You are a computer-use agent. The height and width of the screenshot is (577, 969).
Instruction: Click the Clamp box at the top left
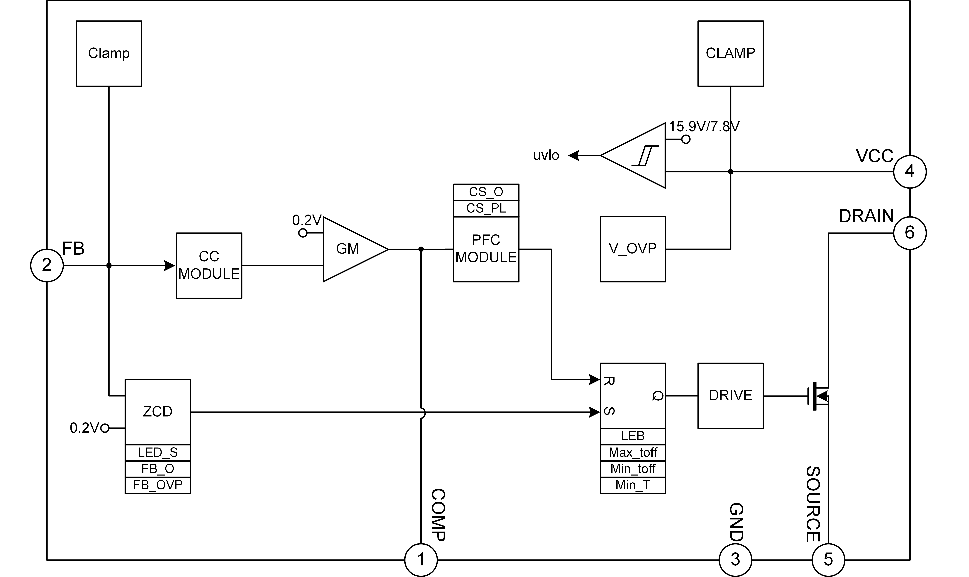click(109, 54)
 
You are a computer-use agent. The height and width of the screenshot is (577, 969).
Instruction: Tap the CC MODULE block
click(209, 266)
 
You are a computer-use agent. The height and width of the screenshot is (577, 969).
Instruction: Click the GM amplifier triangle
click(350, 249)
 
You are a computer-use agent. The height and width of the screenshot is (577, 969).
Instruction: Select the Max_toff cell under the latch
click(633, 453)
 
